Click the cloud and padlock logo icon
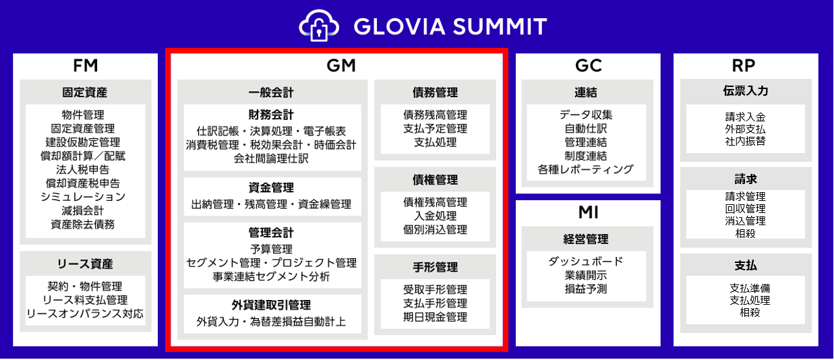pyautogui.click(x=319, y=25)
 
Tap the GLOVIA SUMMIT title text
pyautogui.click(x=450, y=26)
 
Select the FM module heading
pyautogui.click(x=85, y=65)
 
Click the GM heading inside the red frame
pyautogui.click(x=341, y=65)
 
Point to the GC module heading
pyautogui.click(x=589, y=65)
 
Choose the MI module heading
pyautogui.click(x=589, y=212)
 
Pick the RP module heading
pyautogui.click(x=744, y=65)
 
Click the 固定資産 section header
pyautogui.click(x=85, y=92)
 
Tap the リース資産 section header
pyautogui.click(x=85, y=264)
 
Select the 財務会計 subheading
pyautogui.click(x=271, y=115)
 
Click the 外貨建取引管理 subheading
pyautogui.click(x=271, y=305)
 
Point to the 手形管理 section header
pyautogui.click(x=436, y=267)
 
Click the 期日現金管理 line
pyautogui.click(x=436, y=317)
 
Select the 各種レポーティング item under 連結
pyautogui.click(x=586, y=169)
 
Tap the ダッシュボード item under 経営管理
pyautogui.click(x=586, y=262)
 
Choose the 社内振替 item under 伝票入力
pyautogui.click(x=746, y=142)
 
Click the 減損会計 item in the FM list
pyautogui.click(x=83, y=211)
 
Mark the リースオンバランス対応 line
pyautogui.click(x=85, y=314)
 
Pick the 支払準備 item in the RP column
pyautogui.click(x=750, y=288)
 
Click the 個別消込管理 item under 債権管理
pyautogui.click(x=436, y=230)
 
